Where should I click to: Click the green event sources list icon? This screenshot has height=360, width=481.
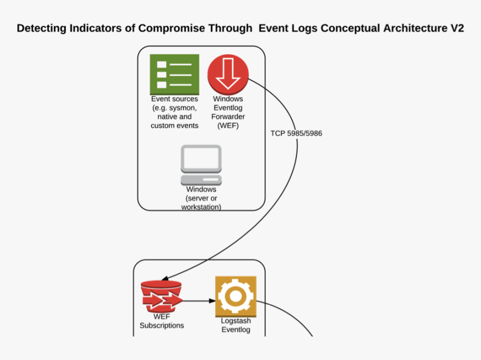[174, 74]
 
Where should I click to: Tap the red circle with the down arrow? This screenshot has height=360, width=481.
[228, 74]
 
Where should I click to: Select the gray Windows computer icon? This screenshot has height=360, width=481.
[201, 165]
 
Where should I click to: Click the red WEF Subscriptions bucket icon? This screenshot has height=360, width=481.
[162, 296]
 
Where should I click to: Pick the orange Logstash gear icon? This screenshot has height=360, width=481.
[235, 296]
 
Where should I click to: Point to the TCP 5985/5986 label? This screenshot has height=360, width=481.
[296, 133]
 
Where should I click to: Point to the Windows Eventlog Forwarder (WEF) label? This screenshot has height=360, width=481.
[228, 113]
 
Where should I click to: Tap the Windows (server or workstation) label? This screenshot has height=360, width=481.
[201, 198]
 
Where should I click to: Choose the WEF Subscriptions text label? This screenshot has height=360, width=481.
[162, 321]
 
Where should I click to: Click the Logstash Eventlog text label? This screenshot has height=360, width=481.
[235, 325]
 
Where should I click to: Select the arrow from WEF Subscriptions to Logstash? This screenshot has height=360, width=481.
[199, 301]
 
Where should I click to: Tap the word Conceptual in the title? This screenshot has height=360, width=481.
[347, 29]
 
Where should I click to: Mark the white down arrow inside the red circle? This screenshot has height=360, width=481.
[228, 74]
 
